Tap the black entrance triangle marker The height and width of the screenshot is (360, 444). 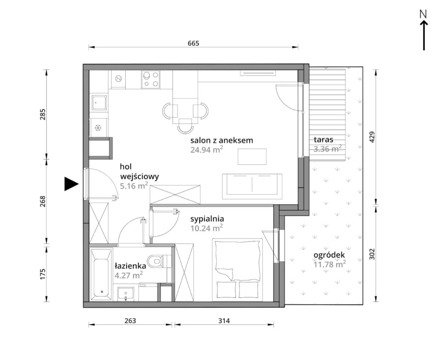click(x=71, y=184)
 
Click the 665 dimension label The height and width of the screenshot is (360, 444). click(x=193, y=43)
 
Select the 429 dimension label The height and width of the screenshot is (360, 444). click(x=372, y=137)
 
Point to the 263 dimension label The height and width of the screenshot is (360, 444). click(x=130, y=321)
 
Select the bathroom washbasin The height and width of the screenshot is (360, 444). click(x=126, y=294)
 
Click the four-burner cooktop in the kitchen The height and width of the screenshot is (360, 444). click(x=151, y=79)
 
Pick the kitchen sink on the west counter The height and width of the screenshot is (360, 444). click(x=99, y=102)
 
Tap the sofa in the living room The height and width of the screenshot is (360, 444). click(x=252, y=186)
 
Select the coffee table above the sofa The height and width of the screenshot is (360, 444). click(x=252, y=157)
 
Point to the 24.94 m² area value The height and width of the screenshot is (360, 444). click(x=207, y=149)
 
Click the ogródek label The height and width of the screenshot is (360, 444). click(x=329, y=255)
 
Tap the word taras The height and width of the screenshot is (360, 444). click(x=323, y=139)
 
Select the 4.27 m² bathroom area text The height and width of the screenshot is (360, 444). click(x=129, y=275)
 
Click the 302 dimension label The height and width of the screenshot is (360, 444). click(x=372, y=254)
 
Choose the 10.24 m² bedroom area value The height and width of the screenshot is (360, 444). click(x=207, y=228)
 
